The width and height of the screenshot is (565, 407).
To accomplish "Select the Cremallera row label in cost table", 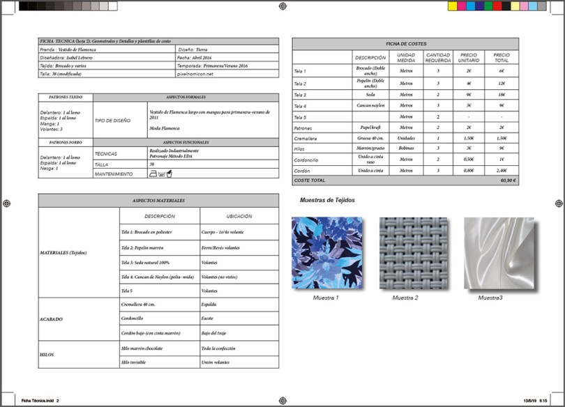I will tap(306, 139).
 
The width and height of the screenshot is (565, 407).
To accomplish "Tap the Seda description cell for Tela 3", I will tap(370, 94).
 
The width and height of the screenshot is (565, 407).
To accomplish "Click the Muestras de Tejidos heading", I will tap(327, 200).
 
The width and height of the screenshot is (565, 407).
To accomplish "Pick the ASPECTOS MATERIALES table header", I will tap(158, 200).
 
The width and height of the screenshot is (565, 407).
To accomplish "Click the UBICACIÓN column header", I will tap(239, 216).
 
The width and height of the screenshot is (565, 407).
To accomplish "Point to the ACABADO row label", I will tap(52, 318).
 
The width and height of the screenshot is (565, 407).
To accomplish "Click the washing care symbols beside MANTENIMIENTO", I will tap(158, 173).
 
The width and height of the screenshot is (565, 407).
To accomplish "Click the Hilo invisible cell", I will tap(137, 362).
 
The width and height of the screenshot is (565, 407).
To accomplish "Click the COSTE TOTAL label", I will tap(310, 180).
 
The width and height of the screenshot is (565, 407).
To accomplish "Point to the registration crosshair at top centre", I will tap(282, 6).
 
